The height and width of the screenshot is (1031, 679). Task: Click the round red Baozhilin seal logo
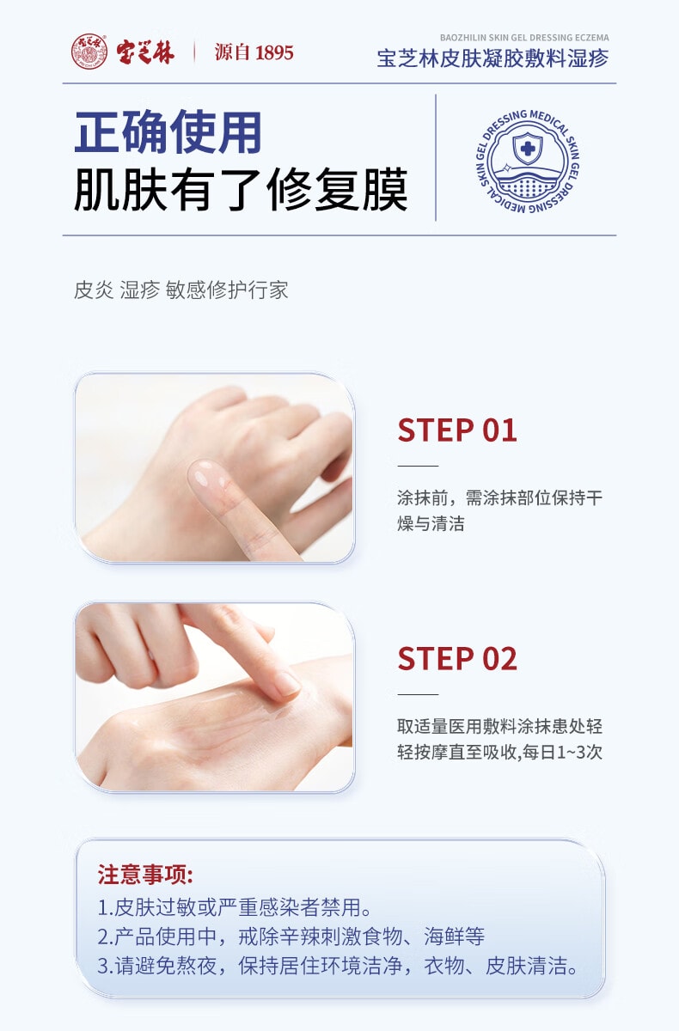tap(89, 52)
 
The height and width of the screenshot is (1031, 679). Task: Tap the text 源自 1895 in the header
tap(254, 52)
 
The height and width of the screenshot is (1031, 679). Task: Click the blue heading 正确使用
tap(168, 133)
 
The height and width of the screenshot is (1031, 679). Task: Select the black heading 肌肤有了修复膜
tap(241, 190)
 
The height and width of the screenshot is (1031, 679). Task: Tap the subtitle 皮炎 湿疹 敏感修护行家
tap(180, 290)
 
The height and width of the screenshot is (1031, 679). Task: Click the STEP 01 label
tap(456, 430)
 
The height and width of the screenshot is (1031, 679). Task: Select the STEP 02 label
tap(456, 659)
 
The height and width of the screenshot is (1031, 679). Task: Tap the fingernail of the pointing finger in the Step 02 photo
tap(284, 685)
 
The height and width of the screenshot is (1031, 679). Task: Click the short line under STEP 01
tap(418, 465)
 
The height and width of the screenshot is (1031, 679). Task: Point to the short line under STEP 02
tap(418, 694)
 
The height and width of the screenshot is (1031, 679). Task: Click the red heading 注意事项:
tap(145, 875)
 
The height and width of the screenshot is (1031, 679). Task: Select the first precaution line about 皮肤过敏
tap(235, 907)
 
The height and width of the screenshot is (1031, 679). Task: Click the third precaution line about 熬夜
tap(337, 966)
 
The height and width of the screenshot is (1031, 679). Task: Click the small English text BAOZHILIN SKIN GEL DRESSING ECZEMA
tap(524, 39)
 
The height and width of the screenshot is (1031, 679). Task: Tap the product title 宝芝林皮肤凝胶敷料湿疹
tap(492, 58)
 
